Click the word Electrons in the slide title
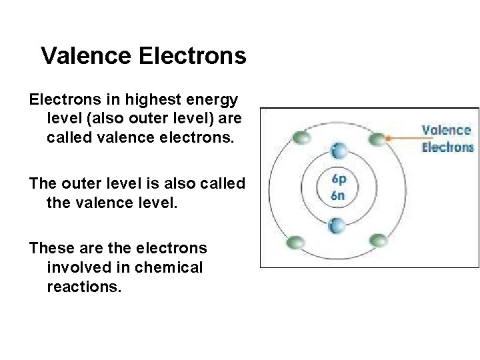[193, 56]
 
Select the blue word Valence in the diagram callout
[446, 131]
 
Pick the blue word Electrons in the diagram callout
[447, 147]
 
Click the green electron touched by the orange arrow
[377, 139]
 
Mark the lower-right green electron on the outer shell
[377, 240]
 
